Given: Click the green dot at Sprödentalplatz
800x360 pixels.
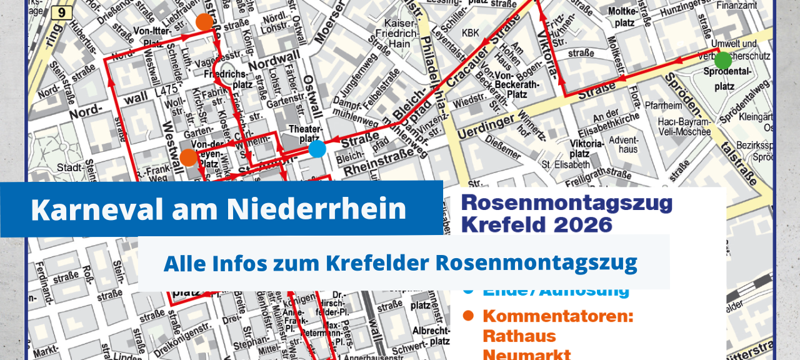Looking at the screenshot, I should [723, 60].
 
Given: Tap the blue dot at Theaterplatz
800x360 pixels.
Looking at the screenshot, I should [317, 149].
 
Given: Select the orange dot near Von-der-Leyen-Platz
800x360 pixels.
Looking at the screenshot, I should [188, 157].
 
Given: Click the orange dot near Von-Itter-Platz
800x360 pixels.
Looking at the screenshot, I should [204, 22].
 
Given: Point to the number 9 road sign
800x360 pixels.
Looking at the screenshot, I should [61, 12].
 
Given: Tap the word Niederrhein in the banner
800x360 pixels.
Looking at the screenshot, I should [316, 209].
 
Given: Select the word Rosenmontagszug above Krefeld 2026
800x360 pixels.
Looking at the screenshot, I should [566, 203].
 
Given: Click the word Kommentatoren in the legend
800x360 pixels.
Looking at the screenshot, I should [558, 316].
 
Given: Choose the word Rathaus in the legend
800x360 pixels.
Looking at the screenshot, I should [519, 336].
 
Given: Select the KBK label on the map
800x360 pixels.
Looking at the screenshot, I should [470, 32].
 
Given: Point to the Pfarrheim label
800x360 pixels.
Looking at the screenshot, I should [664, 106].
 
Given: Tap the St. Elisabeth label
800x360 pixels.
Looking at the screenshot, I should [566, 165].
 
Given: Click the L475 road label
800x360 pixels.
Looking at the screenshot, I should [167, 91].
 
